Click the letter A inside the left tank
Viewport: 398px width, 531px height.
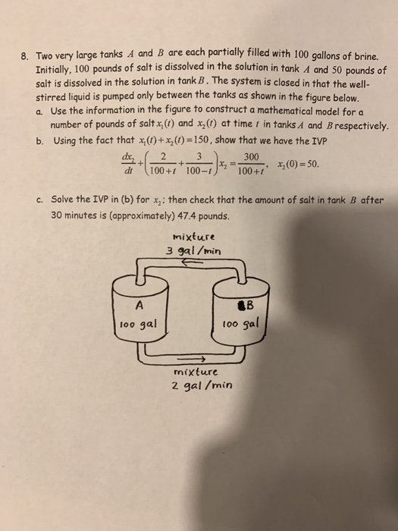[x=139, y=306]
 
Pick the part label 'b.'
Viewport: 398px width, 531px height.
[x=39, y=139]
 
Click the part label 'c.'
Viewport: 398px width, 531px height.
[x=39, y=202]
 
